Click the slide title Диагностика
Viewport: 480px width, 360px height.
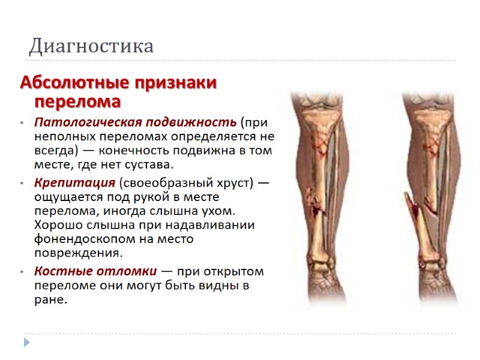click(91, 46)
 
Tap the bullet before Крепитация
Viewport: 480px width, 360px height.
click(22, 183)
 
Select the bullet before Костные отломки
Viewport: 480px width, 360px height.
click(22, 271)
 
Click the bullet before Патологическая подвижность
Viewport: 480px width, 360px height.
click(22, 123)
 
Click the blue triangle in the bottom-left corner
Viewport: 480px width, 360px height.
click(26, 342)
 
